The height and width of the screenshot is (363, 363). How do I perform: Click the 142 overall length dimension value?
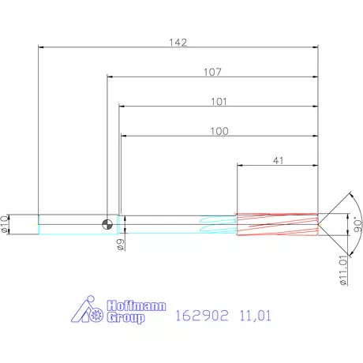coord(178,43)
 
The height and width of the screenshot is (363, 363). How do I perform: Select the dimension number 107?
coord(211,72)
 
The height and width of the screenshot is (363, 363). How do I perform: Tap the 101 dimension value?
coord(219,102)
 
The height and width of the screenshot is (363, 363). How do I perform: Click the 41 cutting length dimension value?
coord(278,160)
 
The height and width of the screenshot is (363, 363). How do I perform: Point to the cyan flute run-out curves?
coord(217,223)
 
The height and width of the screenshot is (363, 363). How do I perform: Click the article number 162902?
coord(202,316)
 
